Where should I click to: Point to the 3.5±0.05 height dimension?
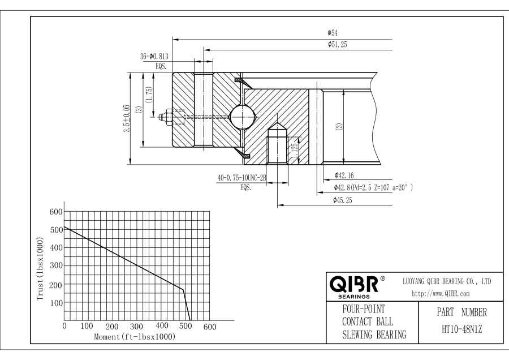127,118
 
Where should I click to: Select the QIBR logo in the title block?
353,284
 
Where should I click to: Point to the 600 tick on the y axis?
55,212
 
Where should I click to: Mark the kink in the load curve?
183,290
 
